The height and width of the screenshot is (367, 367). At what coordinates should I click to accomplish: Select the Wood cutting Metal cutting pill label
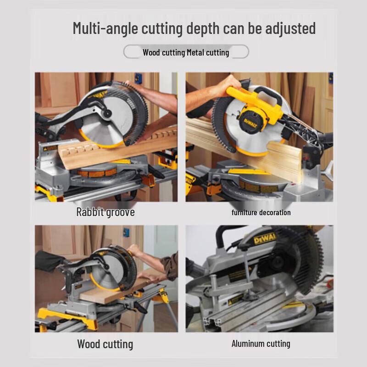pos(186,52)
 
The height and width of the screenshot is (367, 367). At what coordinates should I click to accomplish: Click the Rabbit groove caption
pos(106,212)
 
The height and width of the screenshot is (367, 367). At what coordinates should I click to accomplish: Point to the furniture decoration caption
pos(261,212)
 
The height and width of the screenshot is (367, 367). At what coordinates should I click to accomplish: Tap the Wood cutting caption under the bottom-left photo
pos(105,344)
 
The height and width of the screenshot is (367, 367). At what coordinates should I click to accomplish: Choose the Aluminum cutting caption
pos(261,344)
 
